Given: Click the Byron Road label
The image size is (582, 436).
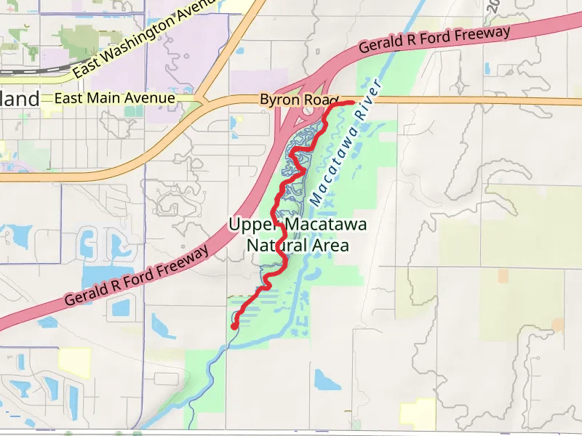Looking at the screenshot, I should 300,98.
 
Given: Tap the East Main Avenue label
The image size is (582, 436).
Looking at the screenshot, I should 114,98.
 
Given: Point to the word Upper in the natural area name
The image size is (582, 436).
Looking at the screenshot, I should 255,225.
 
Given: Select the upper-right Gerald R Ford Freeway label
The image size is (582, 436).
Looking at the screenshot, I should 434,41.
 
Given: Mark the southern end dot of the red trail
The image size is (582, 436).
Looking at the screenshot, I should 234,327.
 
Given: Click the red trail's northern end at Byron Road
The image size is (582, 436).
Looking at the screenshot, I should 351,103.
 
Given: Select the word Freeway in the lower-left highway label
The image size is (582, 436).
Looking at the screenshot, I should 185,259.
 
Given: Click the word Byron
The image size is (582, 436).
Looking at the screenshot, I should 280,98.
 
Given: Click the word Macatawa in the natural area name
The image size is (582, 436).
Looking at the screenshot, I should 325,225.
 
